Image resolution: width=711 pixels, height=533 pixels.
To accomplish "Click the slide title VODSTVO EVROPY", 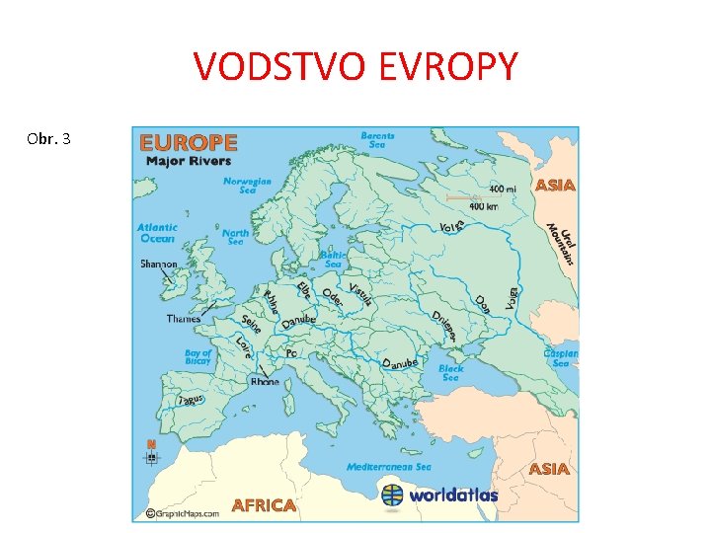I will [355, 67].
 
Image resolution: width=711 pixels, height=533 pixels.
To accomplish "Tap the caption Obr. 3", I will [49, 139].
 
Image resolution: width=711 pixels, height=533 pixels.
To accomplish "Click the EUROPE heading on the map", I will [189, 143].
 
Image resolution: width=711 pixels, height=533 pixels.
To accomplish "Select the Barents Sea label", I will [377, 139].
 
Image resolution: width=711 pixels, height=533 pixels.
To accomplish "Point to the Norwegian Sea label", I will [247, 186].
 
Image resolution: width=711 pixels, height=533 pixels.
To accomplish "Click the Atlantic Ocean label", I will [157, 232].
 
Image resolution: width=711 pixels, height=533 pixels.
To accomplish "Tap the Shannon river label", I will [159, 264].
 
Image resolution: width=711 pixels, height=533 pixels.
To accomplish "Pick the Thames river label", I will [184, 318].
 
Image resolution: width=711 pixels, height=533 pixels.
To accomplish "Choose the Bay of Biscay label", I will [198, 357].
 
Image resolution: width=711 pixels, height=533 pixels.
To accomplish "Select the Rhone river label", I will [265, 381].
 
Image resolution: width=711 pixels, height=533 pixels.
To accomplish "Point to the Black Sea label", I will [450, 372].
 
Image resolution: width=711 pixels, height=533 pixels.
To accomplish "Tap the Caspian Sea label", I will [560, 357].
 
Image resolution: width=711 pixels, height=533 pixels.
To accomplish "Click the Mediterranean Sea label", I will [389, 466].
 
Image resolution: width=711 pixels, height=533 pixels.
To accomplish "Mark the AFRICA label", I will [264, 504].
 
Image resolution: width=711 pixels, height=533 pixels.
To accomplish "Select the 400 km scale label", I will [483, 206].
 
